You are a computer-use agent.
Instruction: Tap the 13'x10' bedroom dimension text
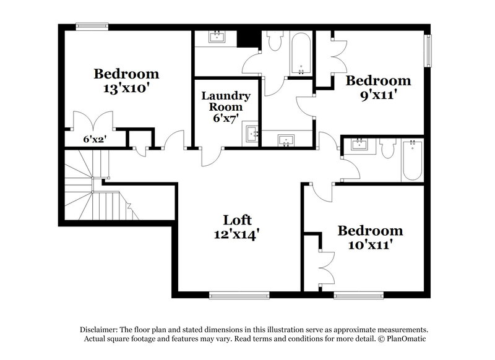[x=126, y=88]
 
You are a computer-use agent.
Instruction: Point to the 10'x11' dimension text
[x=370, y=245]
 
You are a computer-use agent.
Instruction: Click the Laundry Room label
[x=226, y=101]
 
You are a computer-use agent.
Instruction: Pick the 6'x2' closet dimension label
[x=95, y=140]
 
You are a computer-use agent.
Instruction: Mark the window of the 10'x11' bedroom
[x=358, y=295]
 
